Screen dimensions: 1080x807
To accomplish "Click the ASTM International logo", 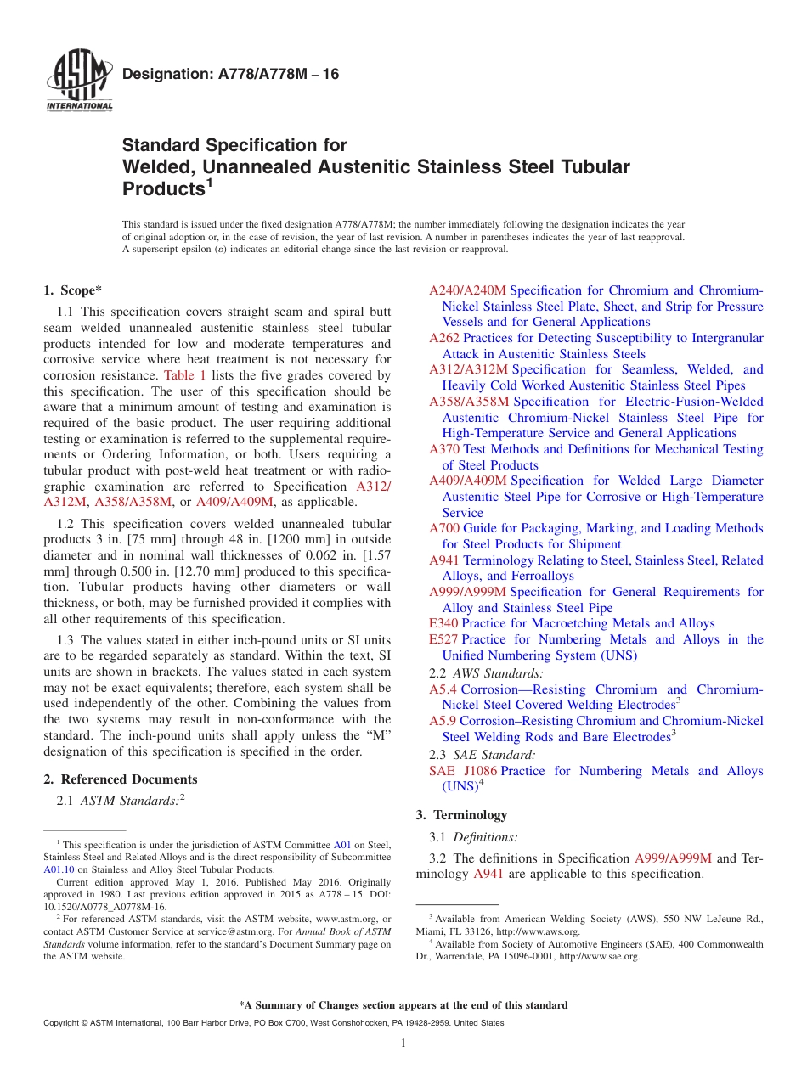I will tap(79, 82).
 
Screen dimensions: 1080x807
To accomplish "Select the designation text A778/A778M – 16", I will tap(230, 75).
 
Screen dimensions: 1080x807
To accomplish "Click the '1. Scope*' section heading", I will tap(72, 290).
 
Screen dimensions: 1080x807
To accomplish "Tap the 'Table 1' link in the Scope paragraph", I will tap(183, 375).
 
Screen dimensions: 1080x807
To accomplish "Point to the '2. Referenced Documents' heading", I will tap(121, 779).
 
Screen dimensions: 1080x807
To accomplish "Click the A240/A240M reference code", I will tap(467, 290).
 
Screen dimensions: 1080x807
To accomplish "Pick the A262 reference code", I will tap(444, 338).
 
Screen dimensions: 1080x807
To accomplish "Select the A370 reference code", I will tap(444, 449).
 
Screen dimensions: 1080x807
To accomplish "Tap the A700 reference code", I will tap(444, 528).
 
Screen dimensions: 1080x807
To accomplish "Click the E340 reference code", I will tap(443, 623).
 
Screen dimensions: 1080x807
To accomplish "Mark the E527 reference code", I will tap(443, 639).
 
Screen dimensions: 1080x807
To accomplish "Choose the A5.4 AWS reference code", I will tap(443, 689).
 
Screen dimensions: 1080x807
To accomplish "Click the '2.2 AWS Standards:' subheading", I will tap(486, 673).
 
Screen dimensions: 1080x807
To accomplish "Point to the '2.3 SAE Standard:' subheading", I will tap(482, 754).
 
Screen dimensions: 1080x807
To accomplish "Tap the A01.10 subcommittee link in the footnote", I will tap(59, 869).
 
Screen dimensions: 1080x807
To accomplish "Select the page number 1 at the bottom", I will tap(403, 1043).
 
